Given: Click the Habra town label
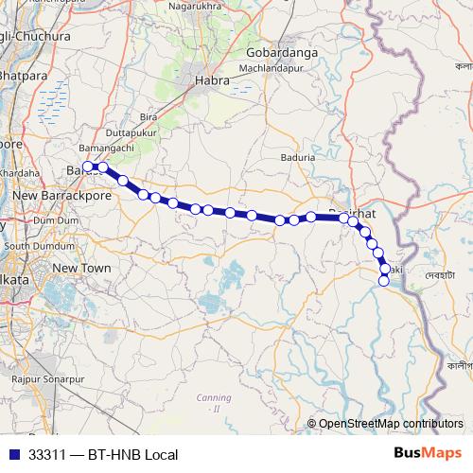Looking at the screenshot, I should coord(213,80).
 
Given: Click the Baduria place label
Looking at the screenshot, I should coord(299,159).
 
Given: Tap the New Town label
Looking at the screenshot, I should coord(77,269).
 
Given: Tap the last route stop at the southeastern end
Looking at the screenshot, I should coord(384,281).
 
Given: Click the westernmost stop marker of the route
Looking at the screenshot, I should coord(87,166).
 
